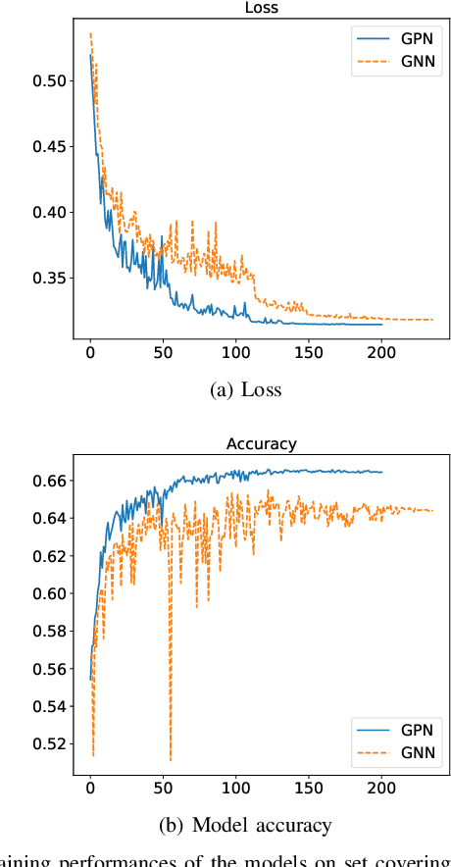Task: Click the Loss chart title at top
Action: pyautogui.click(x=261, y=9)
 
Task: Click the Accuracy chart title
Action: pyautogui.click(x=261, y=444)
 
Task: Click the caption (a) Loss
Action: pyautogui.click(x=246, y=390)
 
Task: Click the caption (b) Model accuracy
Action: pyautogui.click(x=246, y=825)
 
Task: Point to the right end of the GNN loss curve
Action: pyautogui.click(x=432, y=320)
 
